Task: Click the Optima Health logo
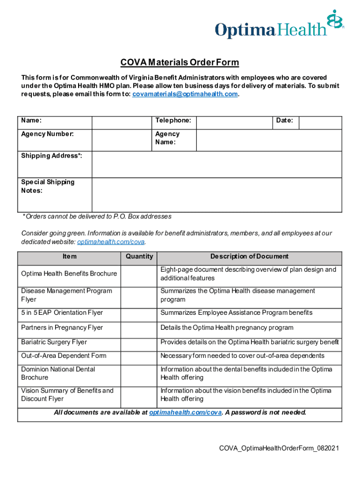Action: (x=279, y=26)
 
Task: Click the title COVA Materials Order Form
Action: (x=180, y=63)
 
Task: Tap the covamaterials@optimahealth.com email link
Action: (x=185, y=94)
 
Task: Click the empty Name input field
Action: (x=122, y=122)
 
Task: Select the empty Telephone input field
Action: (x=234, y=122)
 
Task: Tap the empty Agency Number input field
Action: (x=122, y=140)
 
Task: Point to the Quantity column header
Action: (x=139, y=257)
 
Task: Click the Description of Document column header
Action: (x=249, y=257)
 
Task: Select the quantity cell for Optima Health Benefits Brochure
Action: (x=139, y=274)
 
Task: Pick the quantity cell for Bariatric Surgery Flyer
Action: (x=139, y=342)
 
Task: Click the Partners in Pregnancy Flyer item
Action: (x=62, y=327)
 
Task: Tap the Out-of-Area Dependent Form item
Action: (x=64, y=356)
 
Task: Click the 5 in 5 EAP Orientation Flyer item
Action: (x=62, y=312)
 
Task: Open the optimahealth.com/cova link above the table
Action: (x=111, y=242)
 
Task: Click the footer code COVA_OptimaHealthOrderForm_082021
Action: (x=279, y=449)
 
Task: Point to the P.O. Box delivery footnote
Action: (x=97, y=217)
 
